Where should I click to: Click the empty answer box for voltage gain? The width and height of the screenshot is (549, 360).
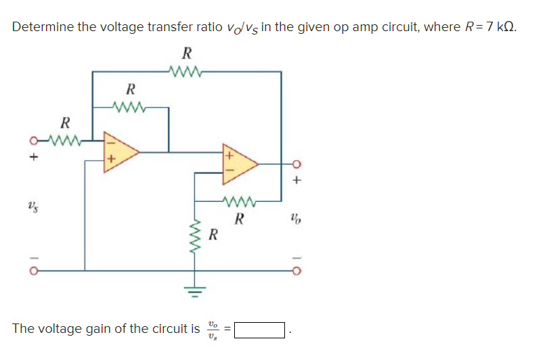259,330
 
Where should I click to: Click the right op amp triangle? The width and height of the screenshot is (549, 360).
239,164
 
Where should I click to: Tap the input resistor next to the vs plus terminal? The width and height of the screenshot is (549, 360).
65,141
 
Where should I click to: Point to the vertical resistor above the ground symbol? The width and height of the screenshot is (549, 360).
196,236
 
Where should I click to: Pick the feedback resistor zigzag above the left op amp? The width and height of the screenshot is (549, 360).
131,106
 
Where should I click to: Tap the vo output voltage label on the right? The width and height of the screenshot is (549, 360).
295,219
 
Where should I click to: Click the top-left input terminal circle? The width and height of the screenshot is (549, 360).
31,142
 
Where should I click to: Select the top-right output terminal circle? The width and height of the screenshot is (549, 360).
296,164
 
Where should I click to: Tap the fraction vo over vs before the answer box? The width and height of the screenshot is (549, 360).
213,330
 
